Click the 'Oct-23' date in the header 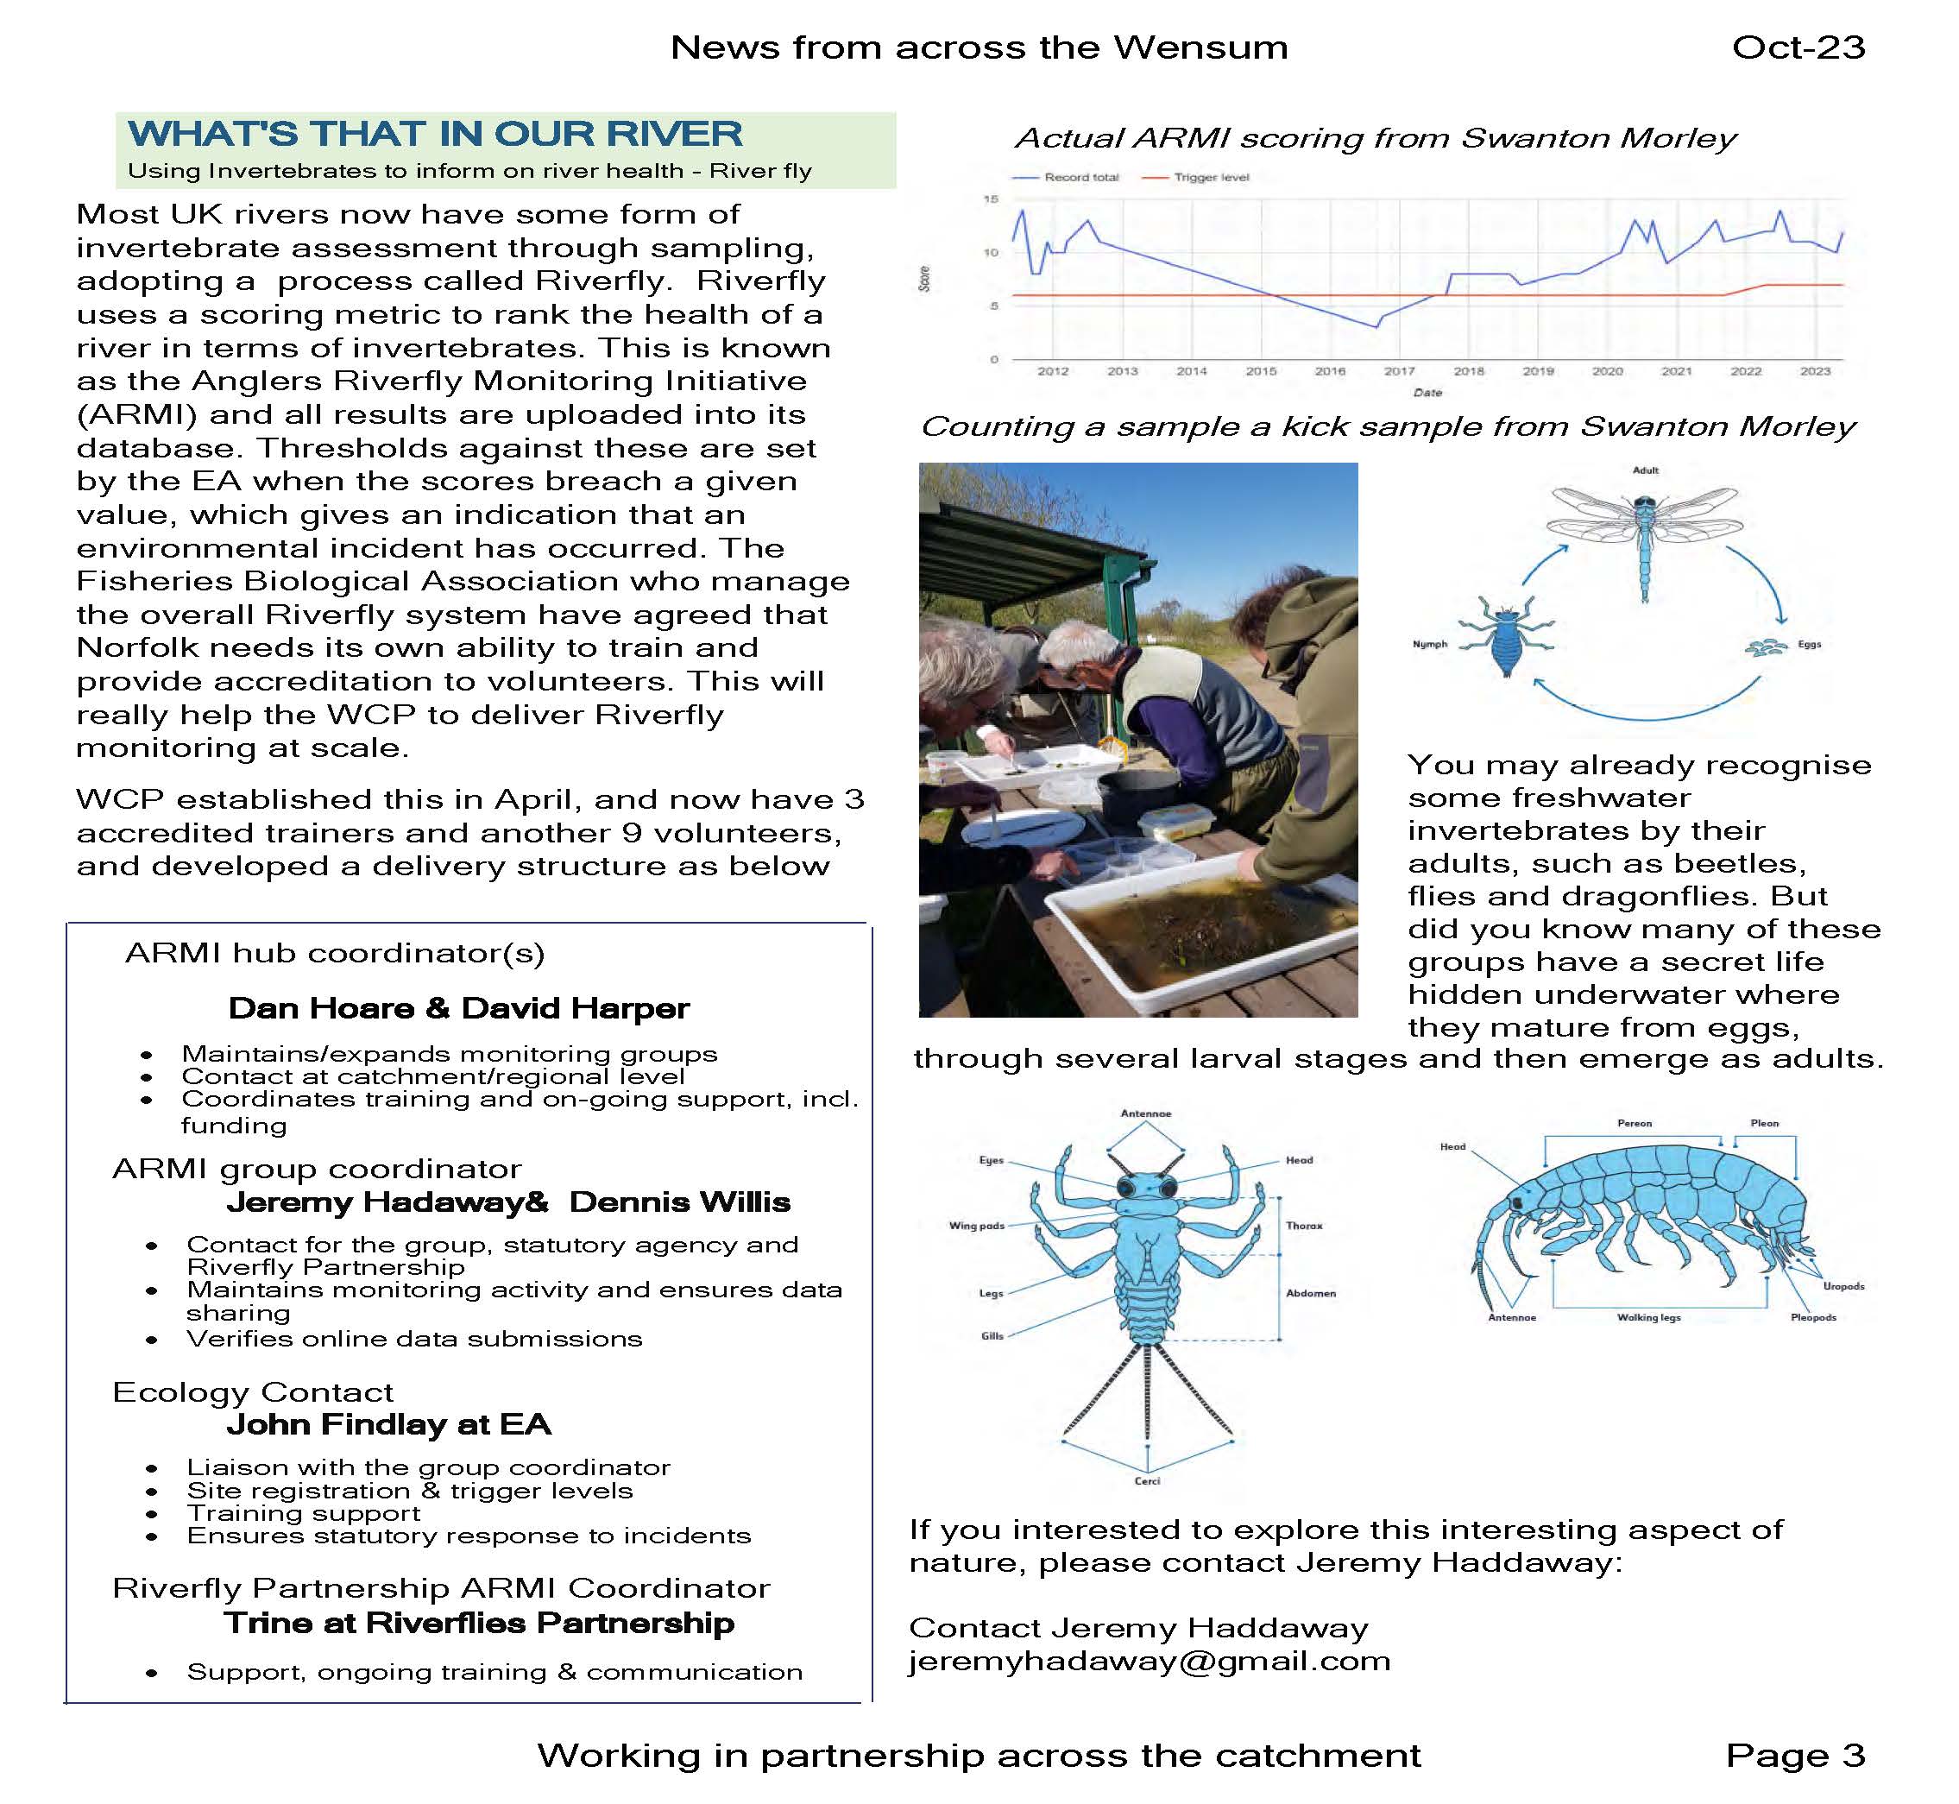1797,47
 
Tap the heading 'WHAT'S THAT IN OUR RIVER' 435,134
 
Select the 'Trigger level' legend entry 1210,178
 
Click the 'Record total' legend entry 1080,178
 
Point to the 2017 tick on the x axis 1399,371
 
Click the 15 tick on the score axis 991,199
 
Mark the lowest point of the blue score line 1376,327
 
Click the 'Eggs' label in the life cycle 1809,644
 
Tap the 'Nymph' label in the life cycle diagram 1430,644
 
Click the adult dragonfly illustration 1645,532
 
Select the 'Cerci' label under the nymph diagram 1147,1481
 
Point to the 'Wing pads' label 976,1225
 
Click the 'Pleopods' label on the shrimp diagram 1812,1318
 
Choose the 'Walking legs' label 1648,1318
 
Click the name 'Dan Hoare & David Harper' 459,1008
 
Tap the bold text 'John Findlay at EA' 388,1424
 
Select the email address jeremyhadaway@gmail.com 1149,1661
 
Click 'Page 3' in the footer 1795,1755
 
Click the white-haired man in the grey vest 1142,684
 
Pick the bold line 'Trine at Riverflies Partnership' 478,1623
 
